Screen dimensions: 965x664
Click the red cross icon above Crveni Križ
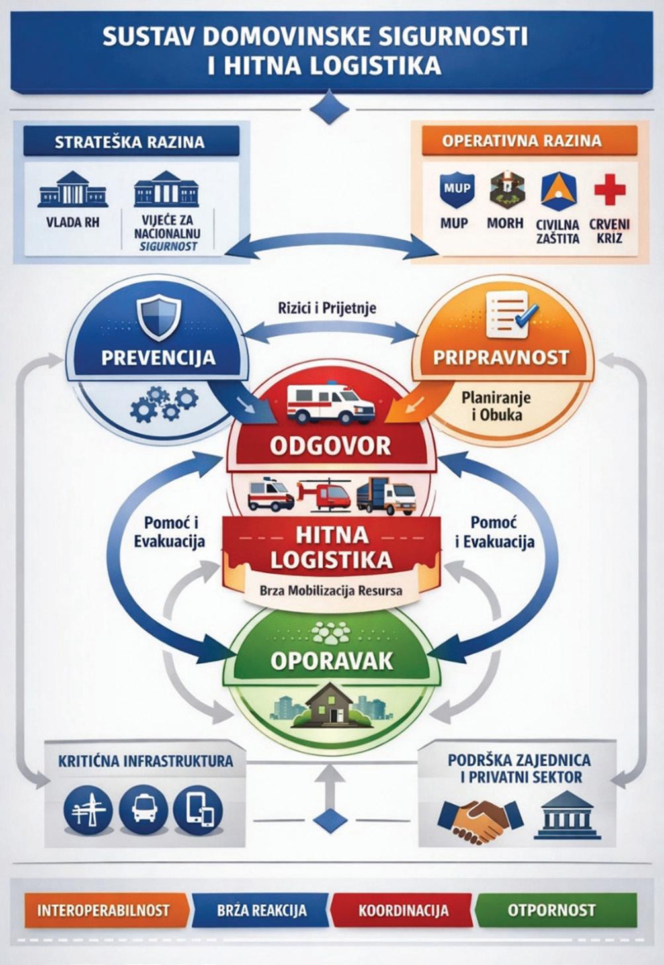pos(609,190)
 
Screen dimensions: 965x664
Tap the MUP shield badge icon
pos(456,189)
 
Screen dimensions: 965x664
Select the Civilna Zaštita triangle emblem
pos(558,191)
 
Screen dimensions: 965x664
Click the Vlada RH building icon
pos(73,189)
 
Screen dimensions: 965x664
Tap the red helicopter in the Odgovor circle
pos(324,495)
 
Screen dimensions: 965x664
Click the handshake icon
pos(480,819)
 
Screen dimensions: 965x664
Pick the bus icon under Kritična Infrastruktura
pos(144,808)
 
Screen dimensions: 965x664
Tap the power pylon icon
pos(89,808)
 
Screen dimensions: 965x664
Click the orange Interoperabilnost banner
pos(103,910)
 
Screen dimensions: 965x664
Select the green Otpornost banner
pos(552,910)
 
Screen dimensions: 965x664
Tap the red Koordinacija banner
pos(403,910)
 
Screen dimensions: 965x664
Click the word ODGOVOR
pos(331,445)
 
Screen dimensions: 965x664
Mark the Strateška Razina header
pos(130,142)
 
